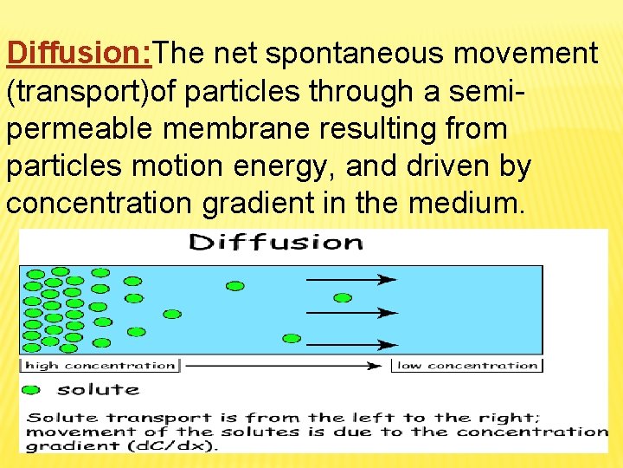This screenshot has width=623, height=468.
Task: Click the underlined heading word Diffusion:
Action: tap(79, 54)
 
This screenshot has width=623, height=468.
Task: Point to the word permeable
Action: tap(82, 129)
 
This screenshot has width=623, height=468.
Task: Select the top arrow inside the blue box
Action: tap(350, 279)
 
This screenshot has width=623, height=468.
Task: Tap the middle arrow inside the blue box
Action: tap(350, 311)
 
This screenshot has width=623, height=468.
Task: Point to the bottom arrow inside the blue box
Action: tap(350, 344)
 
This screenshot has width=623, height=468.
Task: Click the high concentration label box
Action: tap(100, 366)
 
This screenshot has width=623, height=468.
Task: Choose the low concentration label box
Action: tap(467, 366)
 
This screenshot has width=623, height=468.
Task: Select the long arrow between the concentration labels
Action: tap(286, 366)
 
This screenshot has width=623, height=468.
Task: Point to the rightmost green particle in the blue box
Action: tap(343, 297)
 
